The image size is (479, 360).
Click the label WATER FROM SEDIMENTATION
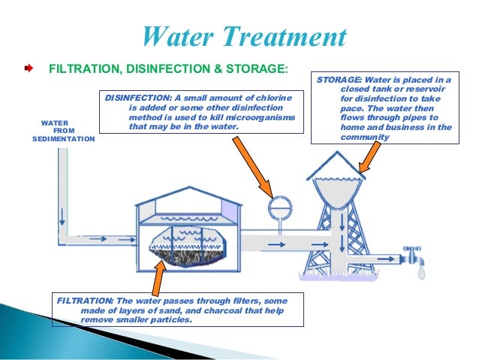tap(63, 131)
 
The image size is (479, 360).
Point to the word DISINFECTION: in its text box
tap(137, 98)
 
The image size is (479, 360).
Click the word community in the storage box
tap(366, 137)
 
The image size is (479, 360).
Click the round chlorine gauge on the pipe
tap(280, 204)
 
